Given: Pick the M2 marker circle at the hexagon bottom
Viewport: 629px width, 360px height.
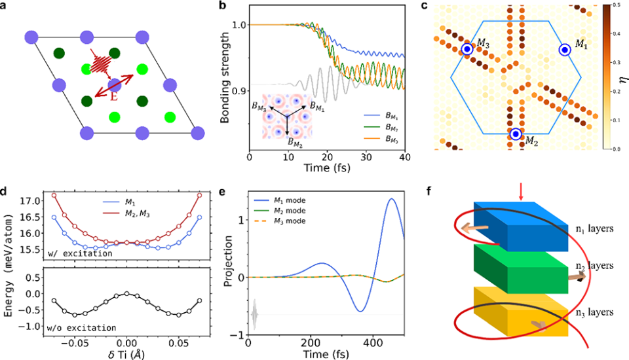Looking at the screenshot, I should click(x=516, y=134).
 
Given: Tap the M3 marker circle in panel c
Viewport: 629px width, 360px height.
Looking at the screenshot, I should click(x=467, y=49).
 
